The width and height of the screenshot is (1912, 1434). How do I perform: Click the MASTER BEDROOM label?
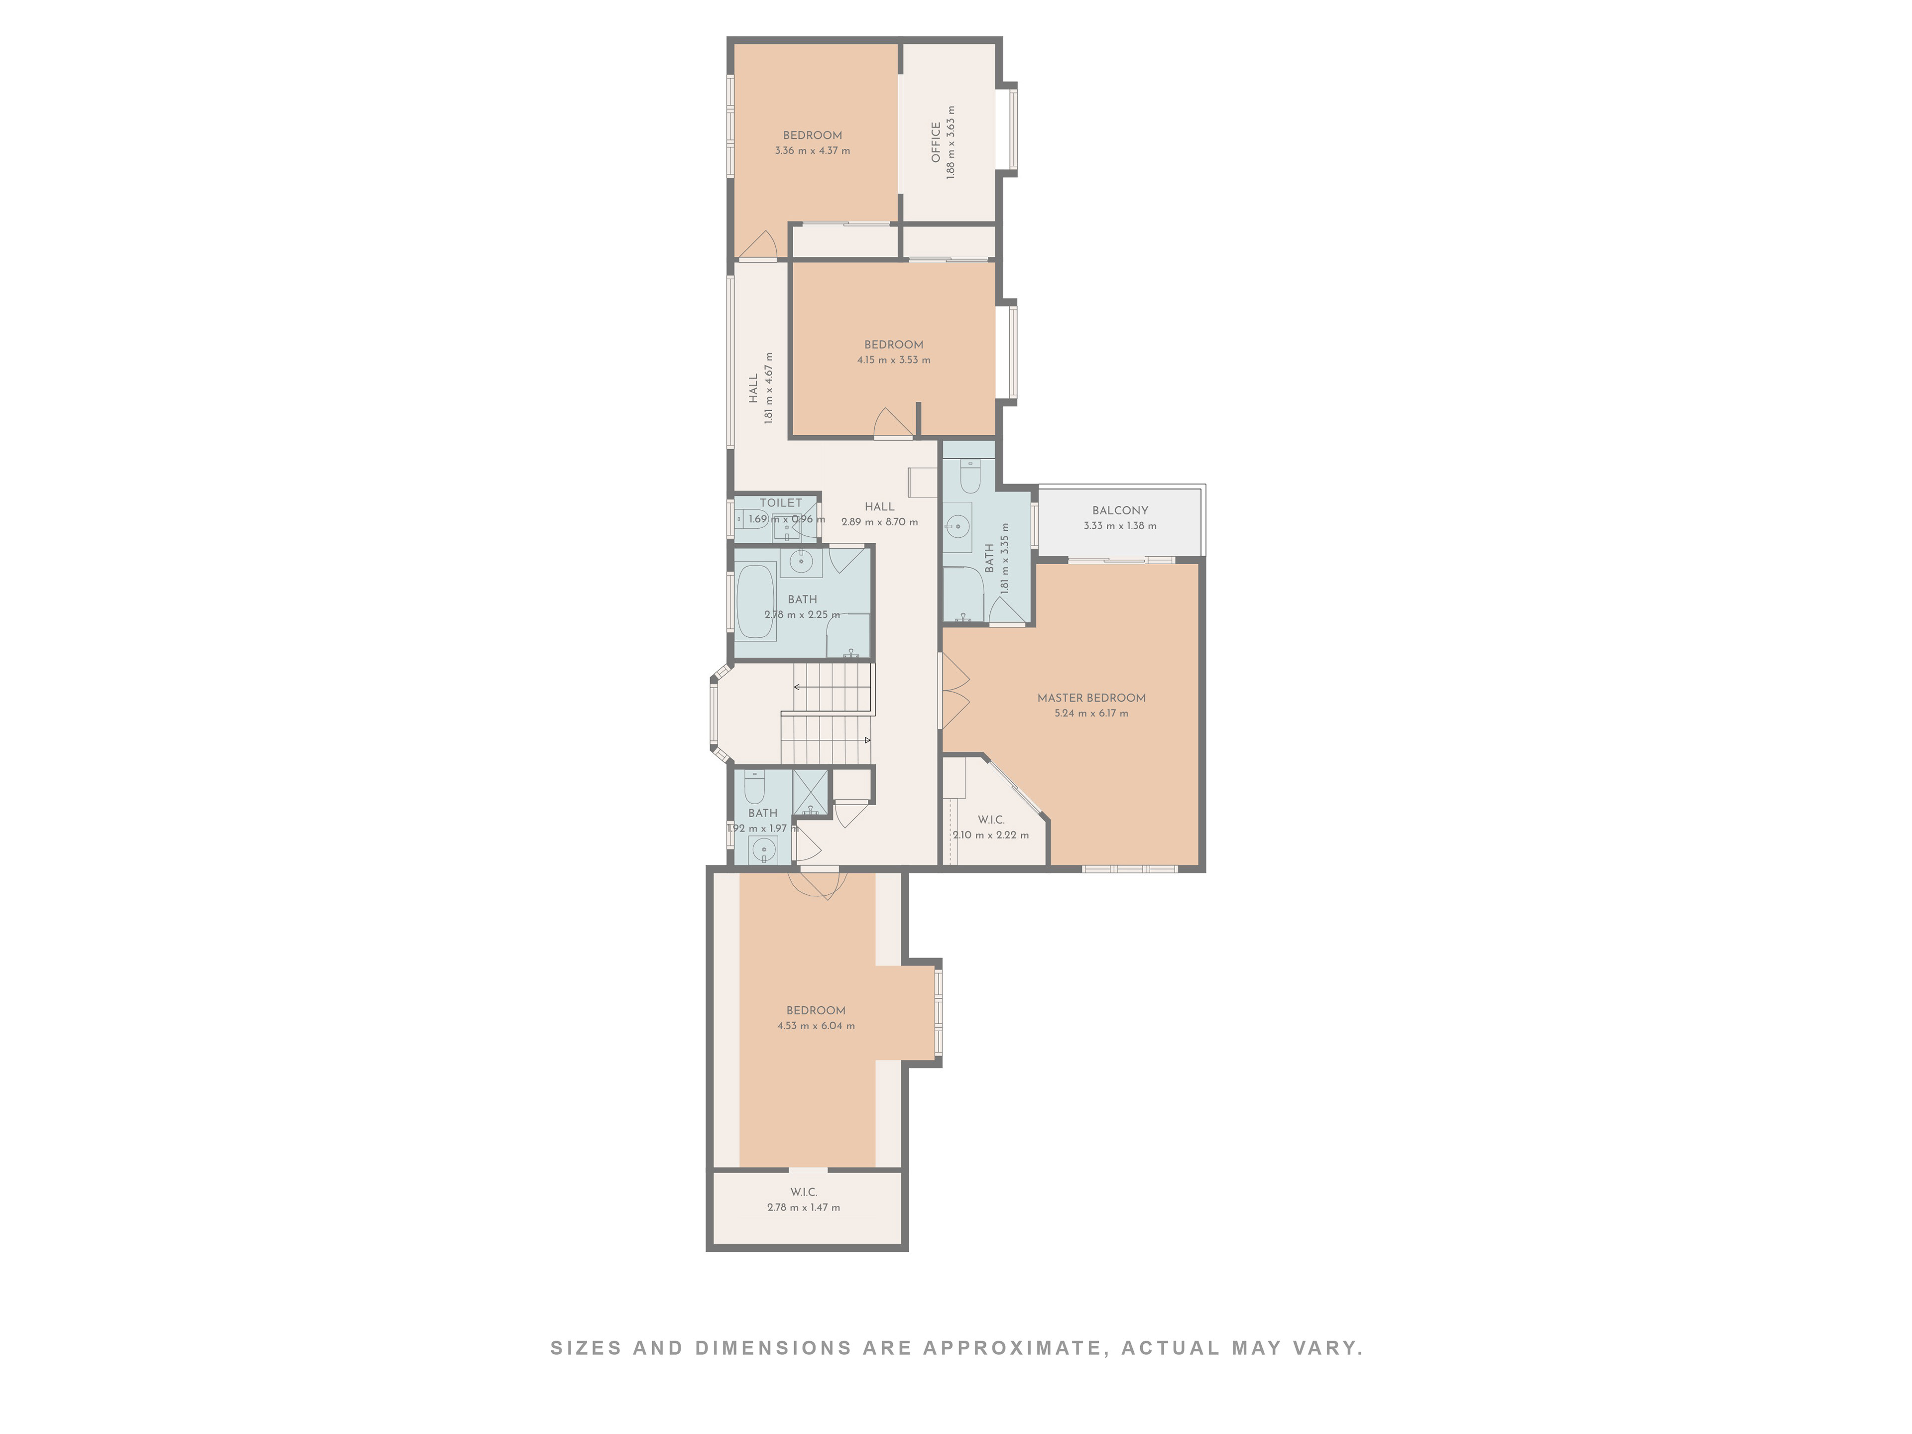click(1091, 698)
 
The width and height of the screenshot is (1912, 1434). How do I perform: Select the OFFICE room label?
click(935, 142)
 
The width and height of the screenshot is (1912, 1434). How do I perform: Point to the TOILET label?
click(781, 503)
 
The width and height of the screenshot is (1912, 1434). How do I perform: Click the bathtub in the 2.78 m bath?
click(755, 601)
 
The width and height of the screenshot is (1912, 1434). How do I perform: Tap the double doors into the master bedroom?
click(955, 692)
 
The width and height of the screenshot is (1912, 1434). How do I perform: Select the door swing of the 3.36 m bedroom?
click(757, 244)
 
